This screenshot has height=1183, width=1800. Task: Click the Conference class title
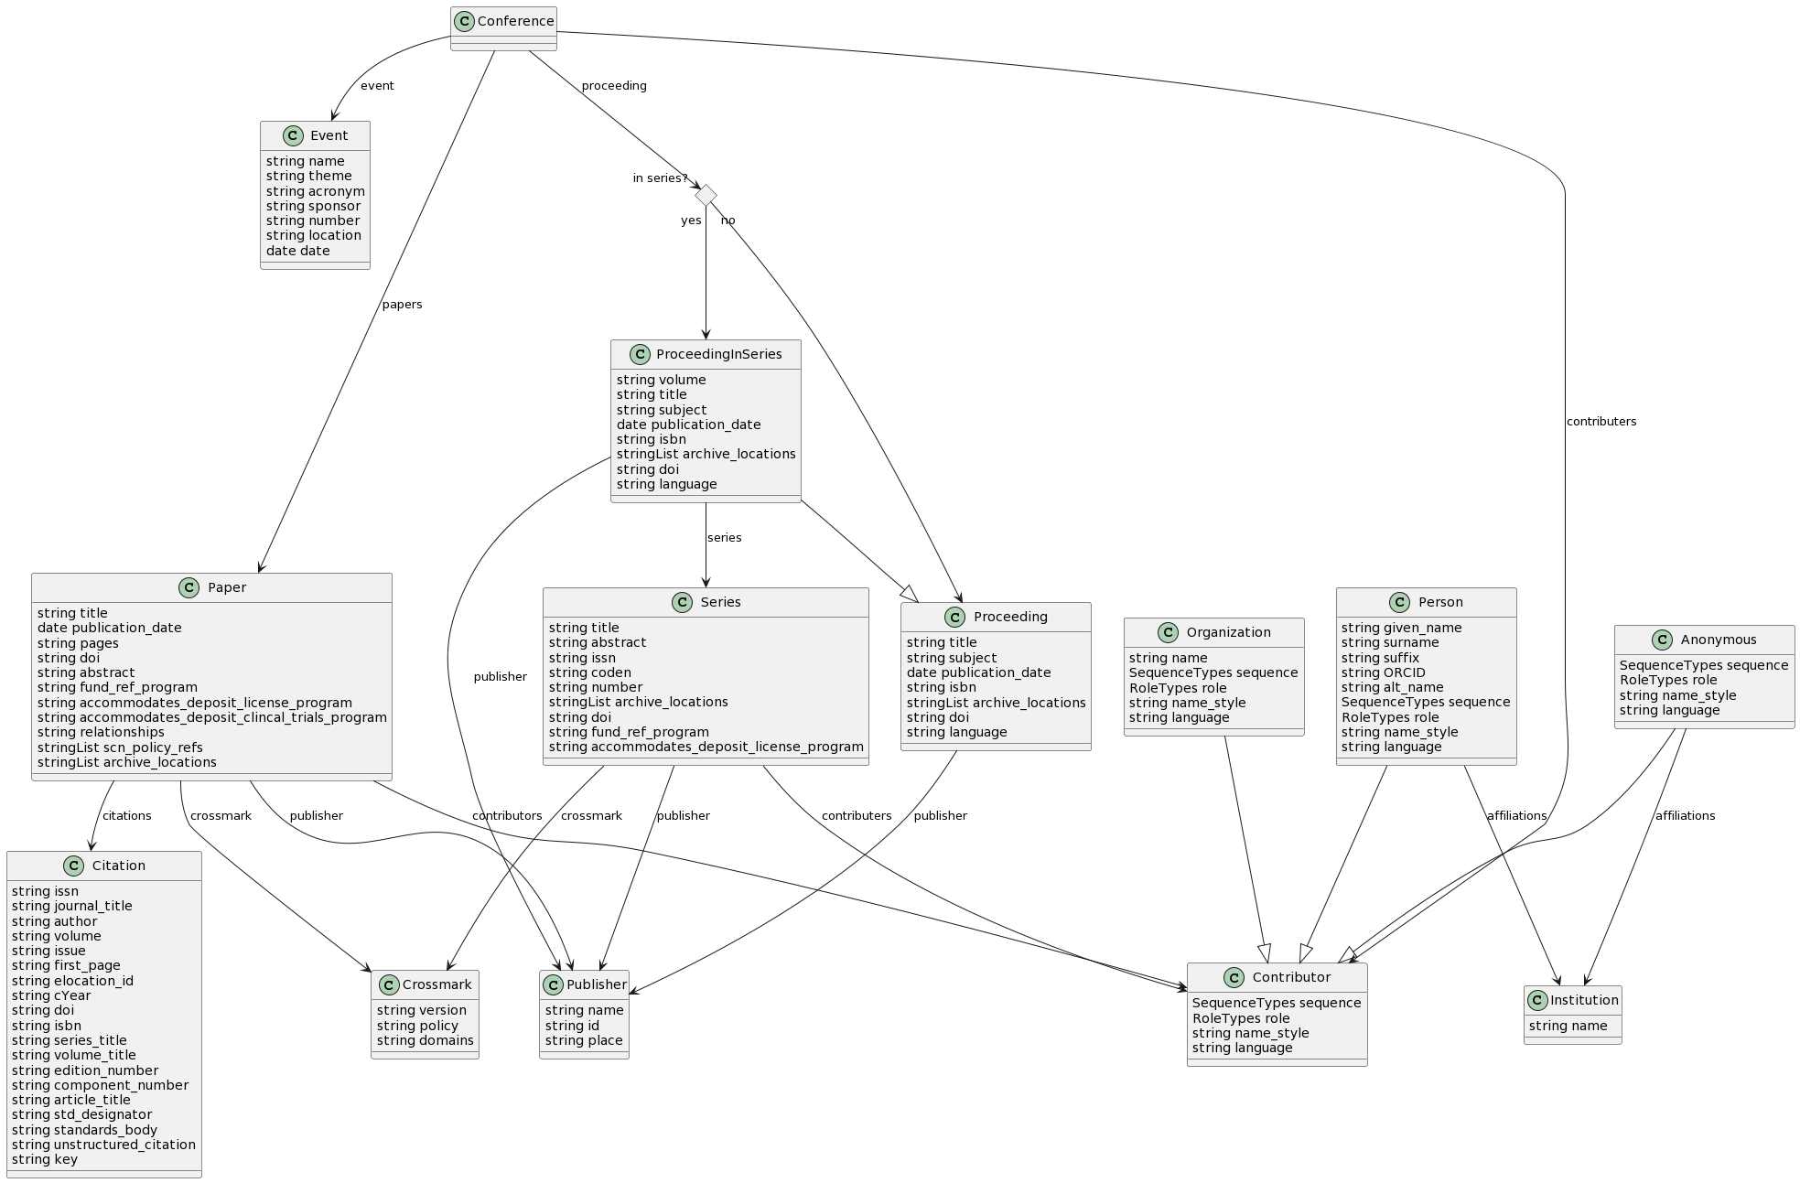pos(515,21)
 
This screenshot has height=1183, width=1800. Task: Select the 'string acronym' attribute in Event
pos(315,191)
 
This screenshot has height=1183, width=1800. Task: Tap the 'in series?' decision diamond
pos(706,195)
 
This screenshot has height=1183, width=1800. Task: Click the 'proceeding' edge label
pos(613,86)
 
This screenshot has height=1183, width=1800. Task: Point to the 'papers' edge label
pos(402,305)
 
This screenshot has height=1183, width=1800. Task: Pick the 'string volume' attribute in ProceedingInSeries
pos(661,380)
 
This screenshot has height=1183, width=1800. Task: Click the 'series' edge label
pos(724,538)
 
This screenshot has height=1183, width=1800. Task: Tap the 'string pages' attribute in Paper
pos(78,643)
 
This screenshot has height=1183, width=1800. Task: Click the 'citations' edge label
pos(126,816)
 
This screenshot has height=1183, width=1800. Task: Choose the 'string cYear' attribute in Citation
pos(51,995)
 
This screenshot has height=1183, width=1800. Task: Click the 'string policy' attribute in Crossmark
pos(417,1026)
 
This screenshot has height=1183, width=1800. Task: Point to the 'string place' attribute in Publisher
pos(584,1040)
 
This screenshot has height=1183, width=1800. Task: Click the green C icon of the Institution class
pos(1537,1000)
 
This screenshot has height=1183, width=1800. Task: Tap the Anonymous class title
pos(1718,640)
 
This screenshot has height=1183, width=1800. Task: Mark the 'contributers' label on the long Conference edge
pos(1601,422)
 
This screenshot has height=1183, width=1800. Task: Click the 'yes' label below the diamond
pos(691,220)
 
